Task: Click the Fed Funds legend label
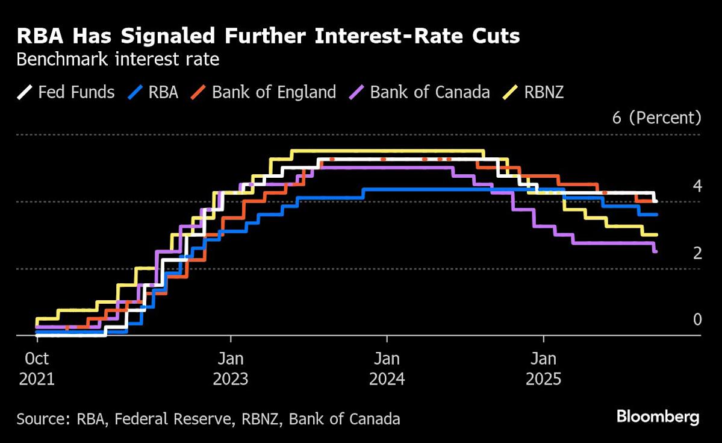(76, 92)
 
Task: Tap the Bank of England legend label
(274, 92)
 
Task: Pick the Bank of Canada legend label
(430, 92)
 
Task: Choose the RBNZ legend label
(544, 92)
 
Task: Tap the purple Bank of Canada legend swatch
(357, 93)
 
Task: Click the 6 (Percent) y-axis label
(656, 118)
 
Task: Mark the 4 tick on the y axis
(697, 186)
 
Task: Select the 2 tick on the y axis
(697, 253)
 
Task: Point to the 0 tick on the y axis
(697, 319)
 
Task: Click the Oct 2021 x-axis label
(37, 369)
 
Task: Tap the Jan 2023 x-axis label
(231, 369)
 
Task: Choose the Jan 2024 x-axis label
(387, 369)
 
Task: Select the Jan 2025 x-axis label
(544, 369)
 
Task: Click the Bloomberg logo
(658, 416)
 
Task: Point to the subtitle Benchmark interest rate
(117, 60)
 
